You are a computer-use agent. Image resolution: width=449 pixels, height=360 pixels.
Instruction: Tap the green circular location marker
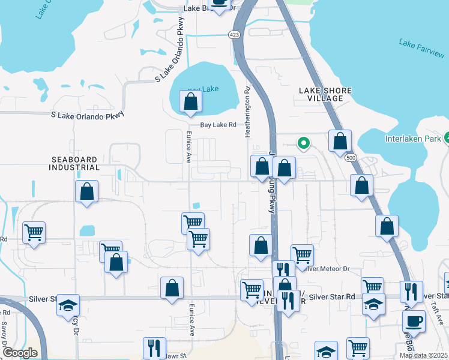tap(304, 143)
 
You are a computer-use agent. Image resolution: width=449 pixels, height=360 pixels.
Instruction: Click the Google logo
tap(20, 353)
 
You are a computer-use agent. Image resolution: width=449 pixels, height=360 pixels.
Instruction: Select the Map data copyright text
tap(423, 355)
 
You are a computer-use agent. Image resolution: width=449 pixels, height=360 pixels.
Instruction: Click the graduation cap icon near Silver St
tap(68, 305)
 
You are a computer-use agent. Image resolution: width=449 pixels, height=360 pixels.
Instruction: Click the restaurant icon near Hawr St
tap(154, 349)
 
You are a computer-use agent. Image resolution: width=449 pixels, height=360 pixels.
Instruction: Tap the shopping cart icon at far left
tap(34, 233)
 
